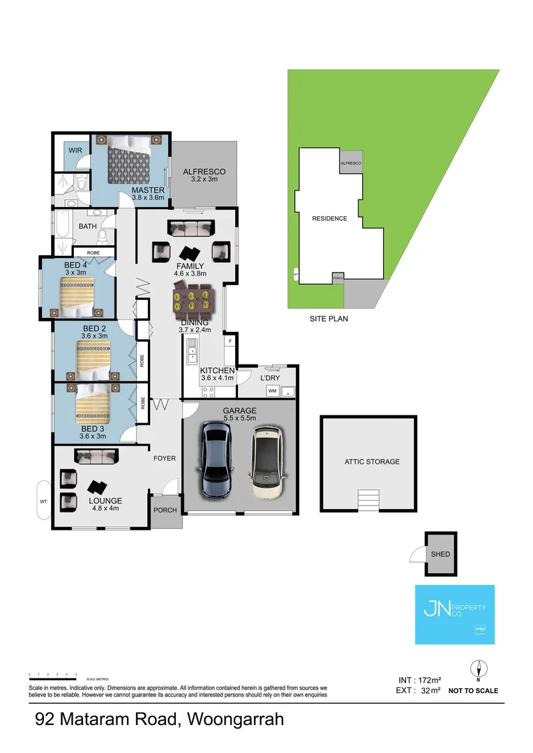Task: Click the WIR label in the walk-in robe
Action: pos(75,150)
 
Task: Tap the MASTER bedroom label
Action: pos(148,190)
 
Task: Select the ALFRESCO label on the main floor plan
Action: pos(204,172)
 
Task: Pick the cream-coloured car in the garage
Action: pos(266,462)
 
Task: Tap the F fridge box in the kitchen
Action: pos(228,342)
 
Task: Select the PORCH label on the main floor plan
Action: pos(165,510)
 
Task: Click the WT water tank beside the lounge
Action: pos(43,501)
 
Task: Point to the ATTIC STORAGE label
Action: pos(372,462)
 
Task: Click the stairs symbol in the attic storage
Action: pos(368,501)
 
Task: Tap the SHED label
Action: pos(441,554)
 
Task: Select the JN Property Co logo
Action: pos(454,614)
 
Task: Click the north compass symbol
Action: pos(479,669)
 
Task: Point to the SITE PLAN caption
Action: pos(329,319)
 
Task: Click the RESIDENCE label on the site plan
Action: pos(329,218)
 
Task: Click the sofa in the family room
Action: pos(190,227)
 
